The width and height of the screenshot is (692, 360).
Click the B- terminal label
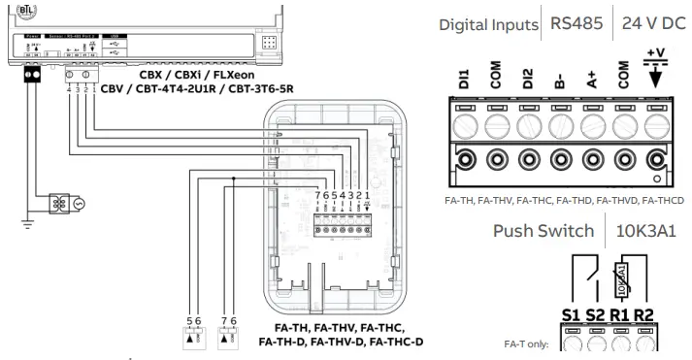(559, 82)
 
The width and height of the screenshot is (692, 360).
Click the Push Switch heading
(543, 233)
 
